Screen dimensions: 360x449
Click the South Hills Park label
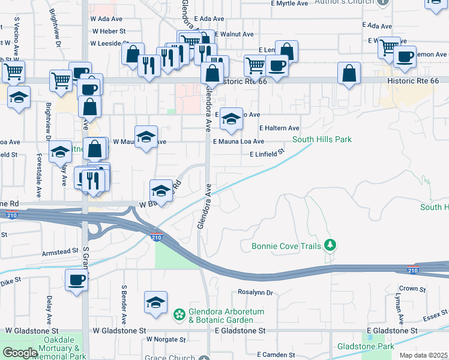[x=322, y=140]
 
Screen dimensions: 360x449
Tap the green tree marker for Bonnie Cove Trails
[x=330, y=245]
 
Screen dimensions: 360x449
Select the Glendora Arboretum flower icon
[x=179, y=314]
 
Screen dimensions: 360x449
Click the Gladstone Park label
[x=365, y=346]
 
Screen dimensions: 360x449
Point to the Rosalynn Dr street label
[x=255, y=293]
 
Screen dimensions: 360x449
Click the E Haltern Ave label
[x=279, y=128]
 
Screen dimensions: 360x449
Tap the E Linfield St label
[x=267, y=154]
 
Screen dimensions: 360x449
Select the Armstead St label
[x=60, y=251]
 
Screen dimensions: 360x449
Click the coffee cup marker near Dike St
[x=76, y=280]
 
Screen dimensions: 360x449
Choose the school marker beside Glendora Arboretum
[x=155, y=302]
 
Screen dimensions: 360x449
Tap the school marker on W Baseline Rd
[x=160, y=191]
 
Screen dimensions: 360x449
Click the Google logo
[x=19, y=353]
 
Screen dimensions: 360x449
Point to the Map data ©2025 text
[x=423, y=355]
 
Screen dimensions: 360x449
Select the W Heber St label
[x=107, y=31]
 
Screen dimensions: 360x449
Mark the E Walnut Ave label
[x=234, y=34]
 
